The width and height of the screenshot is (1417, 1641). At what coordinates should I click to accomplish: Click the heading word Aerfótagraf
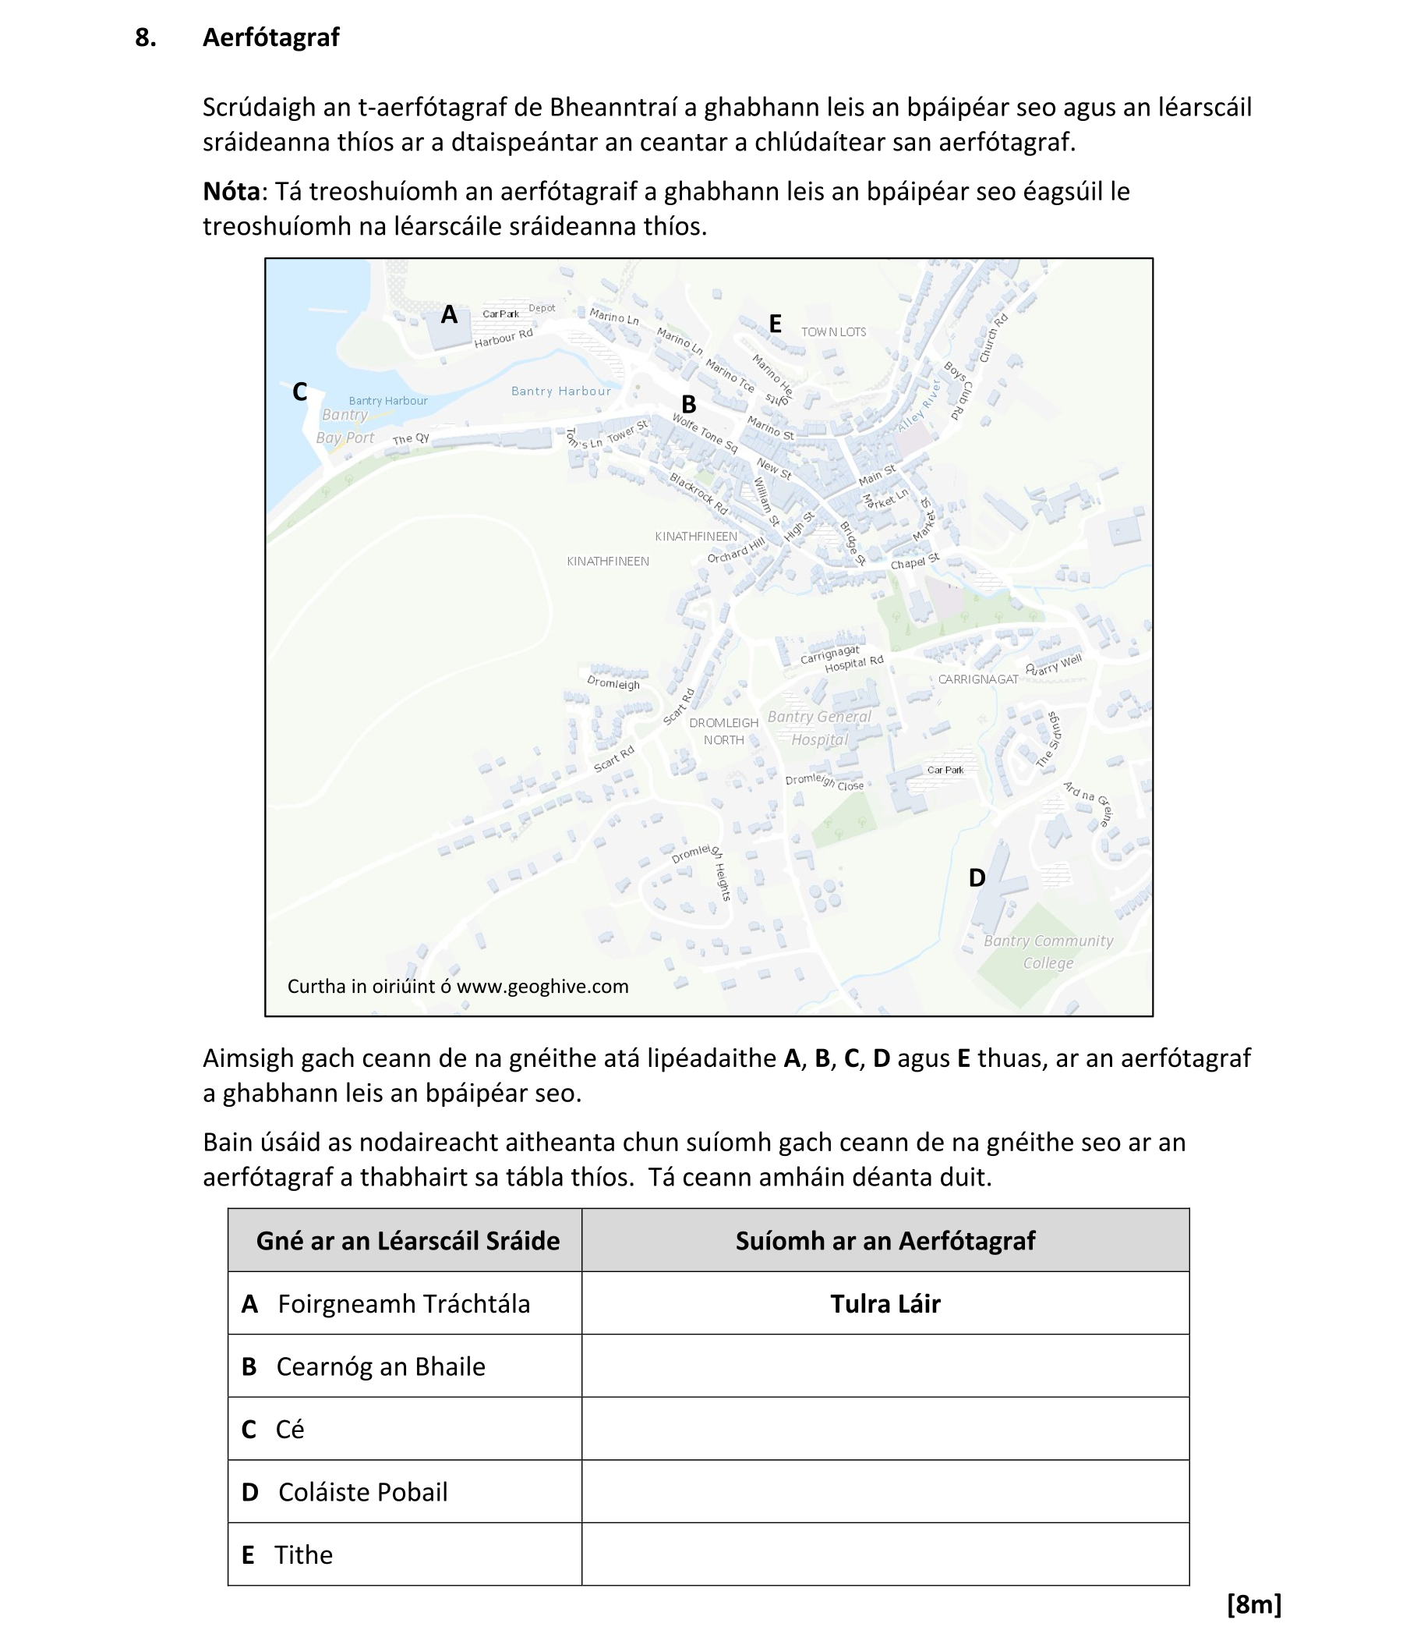pos(270,37)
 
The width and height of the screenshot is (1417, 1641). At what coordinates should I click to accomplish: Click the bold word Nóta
pos(231,192)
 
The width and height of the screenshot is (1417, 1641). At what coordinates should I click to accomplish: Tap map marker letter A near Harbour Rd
pos(449,315)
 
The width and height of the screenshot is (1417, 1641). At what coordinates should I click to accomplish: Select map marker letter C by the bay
pos(299,392)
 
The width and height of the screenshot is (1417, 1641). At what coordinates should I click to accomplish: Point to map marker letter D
pos(977,877)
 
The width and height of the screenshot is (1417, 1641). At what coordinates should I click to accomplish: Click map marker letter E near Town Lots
pos(775,323)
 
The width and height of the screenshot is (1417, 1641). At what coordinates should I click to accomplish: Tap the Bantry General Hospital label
pos(819,728)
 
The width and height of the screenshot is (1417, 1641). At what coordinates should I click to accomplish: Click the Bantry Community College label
pos(1048,952)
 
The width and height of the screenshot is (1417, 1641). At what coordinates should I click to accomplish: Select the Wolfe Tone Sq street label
pos(705,433)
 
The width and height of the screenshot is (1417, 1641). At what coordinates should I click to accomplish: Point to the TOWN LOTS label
pos(833,331)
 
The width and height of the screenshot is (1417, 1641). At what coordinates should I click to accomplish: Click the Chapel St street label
pos(914,562)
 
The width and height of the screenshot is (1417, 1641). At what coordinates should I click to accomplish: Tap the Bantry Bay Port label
pos(345,426)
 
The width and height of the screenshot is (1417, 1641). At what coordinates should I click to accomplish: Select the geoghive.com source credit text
pos(458,986)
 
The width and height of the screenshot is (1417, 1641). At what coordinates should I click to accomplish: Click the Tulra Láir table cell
pos(884,1303)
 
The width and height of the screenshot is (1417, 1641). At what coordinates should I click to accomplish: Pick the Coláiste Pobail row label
pos(362,1492)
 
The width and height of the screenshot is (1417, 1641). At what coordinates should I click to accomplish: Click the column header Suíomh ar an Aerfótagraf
pos(884,1240)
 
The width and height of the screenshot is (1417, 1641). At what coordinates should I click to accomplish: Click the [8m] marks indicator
pos(1253,1604)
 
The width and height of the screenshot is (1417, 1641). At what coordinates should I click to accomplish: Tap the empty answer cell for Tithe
pos(884,1554)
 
